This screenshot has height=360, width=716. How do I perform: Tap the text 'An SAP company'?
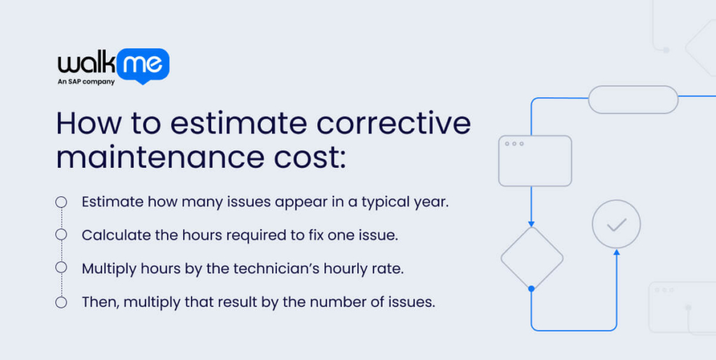86,82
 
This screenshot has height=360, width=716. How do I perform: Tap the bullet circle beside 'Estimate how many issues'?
62,202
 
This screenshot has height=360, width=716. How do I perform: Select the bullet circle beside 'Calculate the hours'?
62,235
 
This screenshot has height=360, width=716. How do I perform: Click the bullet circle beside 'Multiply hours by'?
62,268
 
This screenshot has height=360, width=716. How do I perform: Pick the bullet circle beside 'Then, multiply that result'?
62,302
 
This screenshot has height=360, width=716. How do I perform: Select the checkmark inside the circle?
616,224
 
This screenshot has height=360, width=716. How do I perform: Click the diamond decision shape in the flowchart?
531,258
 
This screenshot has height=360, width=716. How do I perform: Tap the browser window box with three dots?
535,161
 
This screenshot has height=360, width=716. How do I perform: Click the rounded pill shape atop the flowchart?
633,99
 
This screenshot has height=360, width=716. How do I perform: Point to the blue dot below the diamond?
531,289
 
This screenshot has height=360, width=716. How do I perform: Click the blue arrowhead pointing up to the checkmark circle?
616,252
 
